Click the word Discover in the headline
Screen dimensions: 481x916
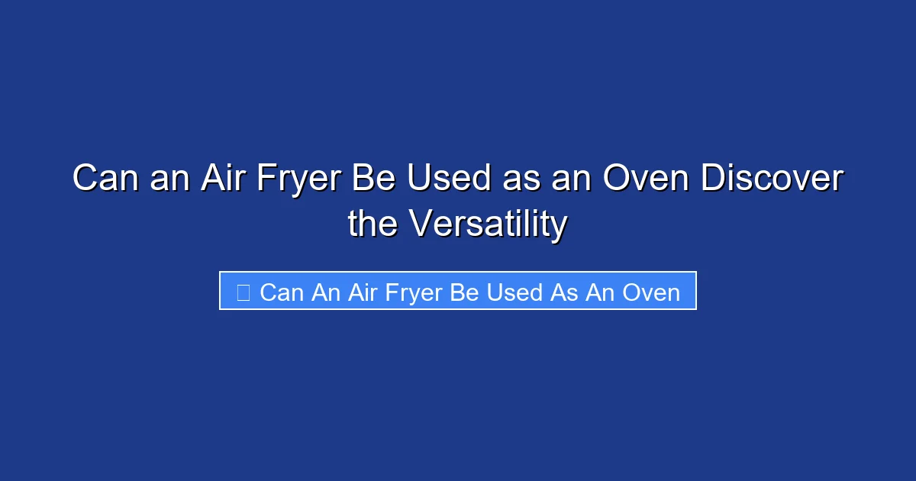pyautogui.click(x=772, y=179)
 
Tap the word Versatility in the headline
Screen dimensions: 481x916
pyautogui.click(x=489, y=224)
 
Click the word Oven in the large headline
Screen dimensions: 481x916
pyautogui.click(x=647, y=179)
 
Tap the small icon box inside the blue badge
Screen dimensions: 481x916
pyautogui.click(x=243, y=292)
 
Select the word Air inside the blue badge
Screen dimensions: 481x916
pyautogui.click(x=363, y=292)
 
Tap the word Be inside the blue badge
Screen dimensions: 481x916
pyautogui.click(x=464, y=292)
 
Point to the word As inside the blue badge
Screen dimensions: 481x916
pyautogui.click(x=565, y=292)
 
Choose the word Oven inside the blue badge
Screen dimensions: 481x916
pyautogui.click(x=651, y=292)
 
